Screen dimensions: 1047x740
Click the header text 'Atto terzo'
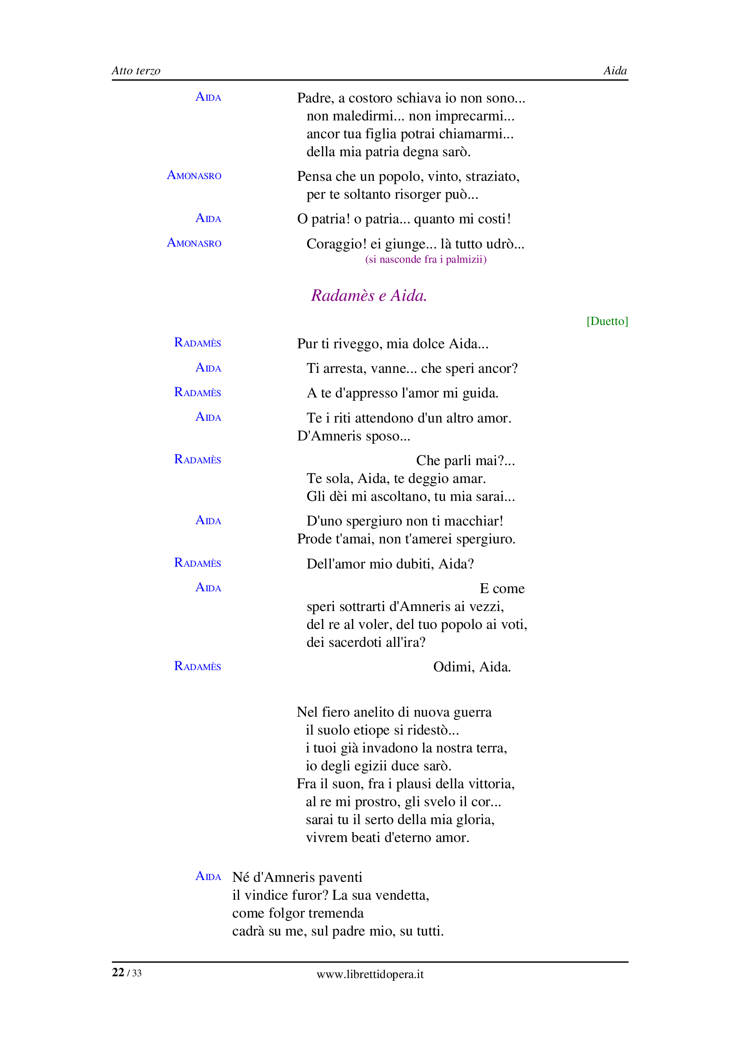[136, 71]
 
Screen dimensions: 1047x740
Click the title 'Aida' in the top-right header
[615, 71]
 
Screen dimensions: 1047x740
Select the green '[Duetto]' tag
[607, 321]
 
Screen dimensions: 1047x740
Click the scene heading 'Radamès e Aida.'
[369, 295]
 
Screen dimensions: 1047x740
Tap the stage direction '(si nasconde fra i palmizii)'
[425, 260]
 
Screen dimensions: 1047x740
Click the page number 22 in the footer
[118, 972]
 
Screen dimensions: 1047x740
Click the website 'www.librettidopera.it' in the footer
[370, 974]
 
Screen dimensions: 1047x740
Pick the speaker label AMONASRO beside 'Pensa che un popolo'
[194, 175]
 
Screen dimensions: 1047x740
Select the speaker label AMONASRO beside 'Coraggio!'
[194, 243]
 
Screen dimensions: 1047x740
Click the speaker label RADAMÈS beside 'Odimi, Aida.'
[197, 667]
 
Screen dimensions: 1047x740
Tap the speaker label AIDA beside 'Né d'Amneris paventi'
[208, 876]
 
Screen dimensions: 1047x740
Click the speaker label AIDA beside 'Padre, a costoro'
[208, 97]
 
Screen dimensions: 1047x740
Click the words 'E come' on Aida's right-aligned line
[501, 589]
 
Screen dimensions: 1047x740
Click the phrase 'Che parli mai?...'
[465, 461]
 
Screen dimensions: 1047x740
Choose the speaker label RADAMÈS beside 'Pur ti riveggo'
[197, 343]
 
